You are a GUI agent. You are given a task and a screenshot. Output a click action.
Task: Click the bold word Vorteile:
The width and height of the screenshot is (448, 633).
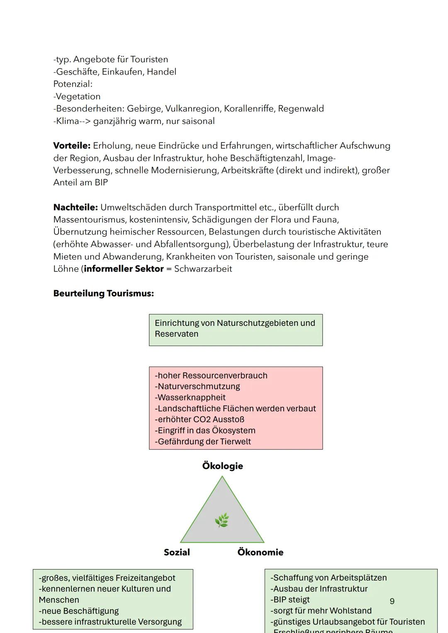[x=72, y=146]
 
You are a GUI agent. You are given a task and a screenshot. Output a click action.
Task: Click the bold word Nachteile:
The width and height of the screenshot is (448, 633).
[x=75, y=207]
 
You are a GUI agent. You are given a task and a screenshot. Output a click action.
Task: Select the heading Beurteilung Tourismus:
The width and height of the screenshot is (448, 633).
[x=103, y=293]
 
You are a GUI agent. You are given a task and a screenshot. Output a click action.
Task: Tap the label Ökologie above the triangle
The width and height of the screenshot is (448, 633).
[x=222, y=466]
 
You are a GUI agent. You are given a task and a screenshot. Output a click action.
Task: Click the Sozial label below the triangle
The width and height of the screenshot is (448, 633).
[x=177, y=552]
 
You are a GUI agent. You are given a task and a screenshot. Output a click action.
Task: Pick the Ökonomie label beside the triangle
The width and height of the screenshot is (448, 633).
[x=260, y=552]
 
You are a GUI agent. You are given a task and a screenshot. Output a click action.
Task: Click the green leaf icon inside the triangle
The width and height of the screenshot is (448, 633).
[x=222, y=520]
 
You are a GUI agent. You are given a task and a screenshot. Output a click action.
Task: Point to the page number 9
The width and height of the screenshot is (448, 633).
[x=392, y=601]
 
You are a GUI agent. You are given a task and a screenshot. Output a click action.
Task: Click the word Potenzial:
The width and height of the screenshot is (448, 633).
[x=73, y=84]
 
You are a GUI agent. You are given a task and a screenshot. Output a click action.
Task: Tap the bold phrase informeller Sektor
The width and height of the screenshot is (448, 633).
[x=124, y=269]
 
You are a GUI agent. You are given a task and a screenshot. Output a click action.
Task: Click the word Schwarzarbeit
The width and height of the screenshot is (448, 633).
[x=203, y=269]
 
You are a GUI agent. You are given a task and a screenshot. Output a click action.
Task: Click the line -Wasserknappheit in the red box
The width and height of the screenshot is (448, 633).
[x=190, y=398]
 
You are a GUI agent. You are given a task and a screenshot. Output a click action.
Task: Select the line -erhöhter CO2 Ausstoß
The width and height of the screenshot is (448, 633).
[x=199, y=420]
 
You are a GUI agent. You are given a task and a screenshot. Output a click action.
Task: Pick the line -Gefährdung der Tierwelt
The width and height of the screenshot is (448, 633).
[x=202, y=441]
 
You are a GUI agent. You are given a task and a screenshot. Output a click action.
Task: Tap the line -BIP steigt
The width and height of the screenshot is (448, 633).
[x=290, y=600]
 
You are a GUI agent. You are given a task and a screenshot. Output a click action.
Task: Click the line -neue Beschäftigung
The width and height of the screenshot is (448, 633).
[x=79, y=611]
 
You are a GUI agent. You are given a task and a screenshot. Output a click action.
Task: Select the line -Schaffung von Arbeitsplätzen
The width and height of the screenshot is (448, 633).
[x=329, y=578]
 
